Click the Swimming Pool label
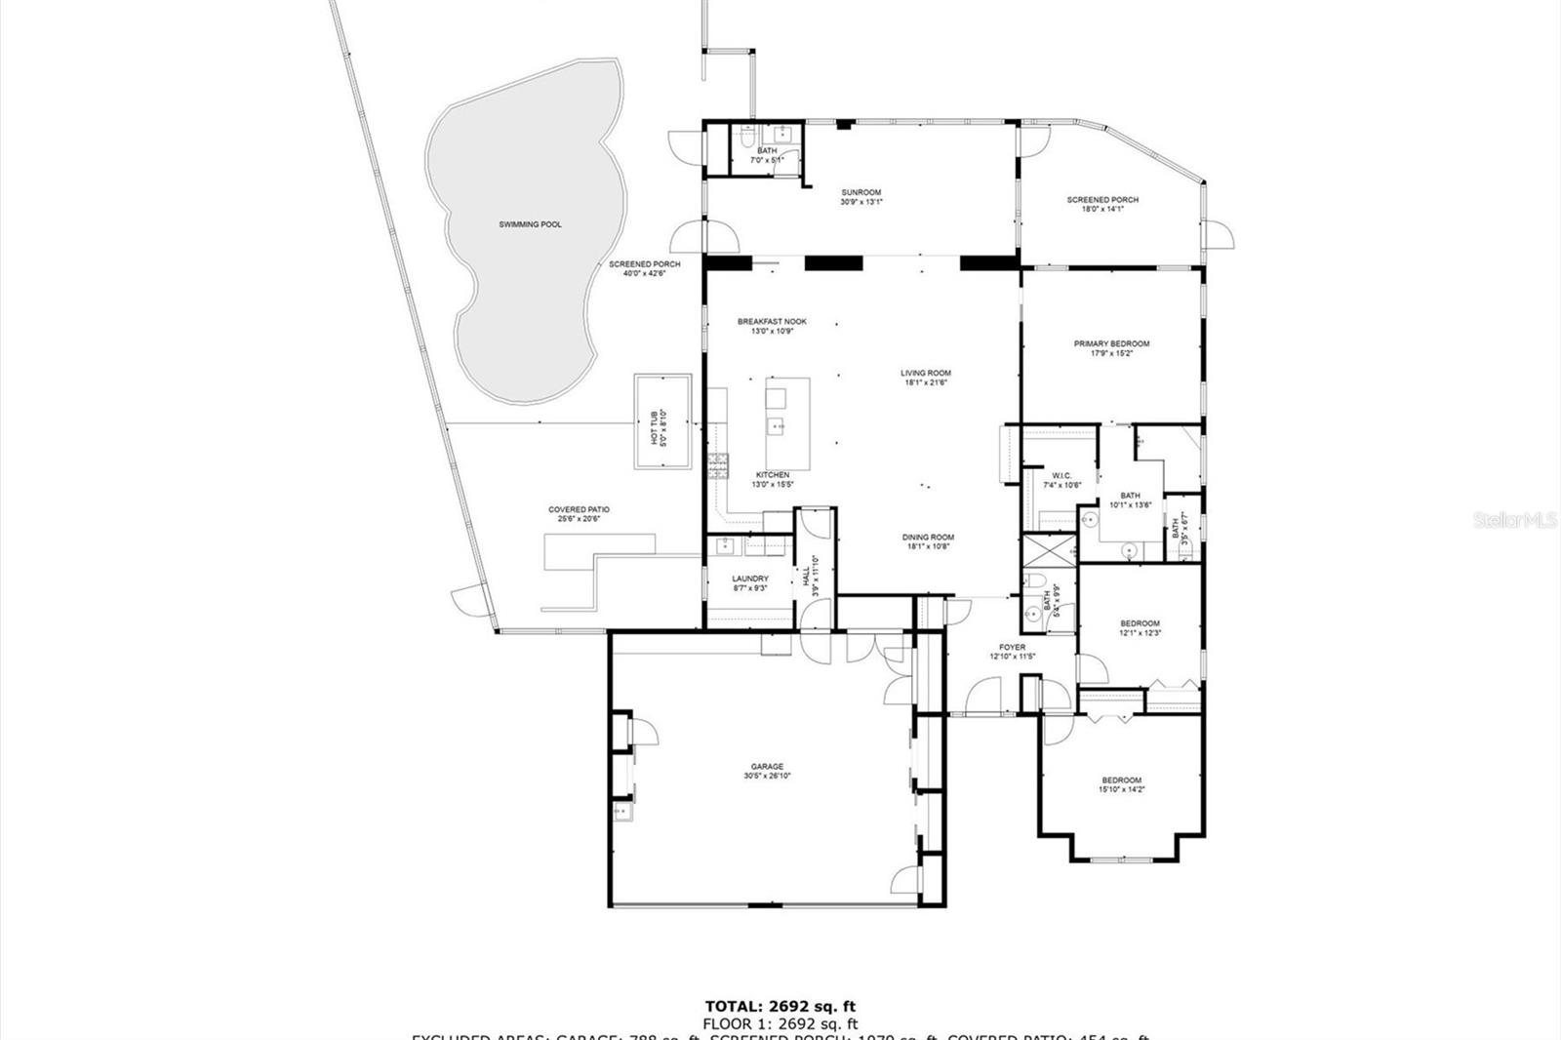coord(530,224)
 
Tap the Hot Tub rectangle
coord(662,421)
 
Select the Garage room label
coord(767,771)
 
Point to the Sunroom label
coord(861,197)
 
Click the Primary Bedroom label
coord(1111,348)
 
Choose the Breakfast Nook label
coord(772,326)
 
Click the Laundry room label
coord(750,582)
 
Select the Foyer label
coord(1012,651)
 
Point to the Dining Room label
coord(927,541)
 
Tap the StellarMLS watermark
coord(1515,521)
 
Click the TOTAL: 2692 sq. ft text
coord(780,1006)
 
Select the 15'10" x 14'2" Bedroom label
coord(1121,784)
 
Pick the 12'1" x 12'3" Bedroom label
coord(1140,627)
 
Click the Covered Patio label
coord(579,514)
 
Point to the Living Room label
coord(925,377)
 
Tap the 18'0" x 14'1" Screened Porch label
coord(1102,204)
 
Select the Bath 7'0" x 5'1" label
coord(767,154)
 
